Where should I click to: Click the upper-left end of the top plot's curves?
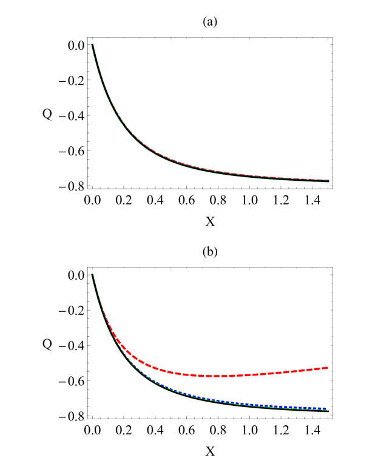click(92, 44)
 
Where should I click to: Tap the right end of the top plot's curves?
click(328, 181)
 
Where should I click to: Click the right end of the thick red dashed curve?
click(328, 368)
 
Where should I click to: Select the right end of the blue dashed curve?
click(326, 408)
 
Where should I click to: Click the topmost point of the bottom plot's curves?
click(92, 274)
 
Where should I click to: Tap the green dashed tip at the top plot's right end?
click(328, 182)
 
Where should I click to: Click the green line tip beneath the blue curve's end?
click(326, 410)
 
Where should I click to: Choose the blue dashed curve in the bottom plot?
click(243, 403)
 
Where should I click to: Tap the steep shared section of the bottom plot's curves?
click(97, 297)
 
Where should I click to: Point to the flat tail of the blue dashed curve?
click(285, 406)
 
